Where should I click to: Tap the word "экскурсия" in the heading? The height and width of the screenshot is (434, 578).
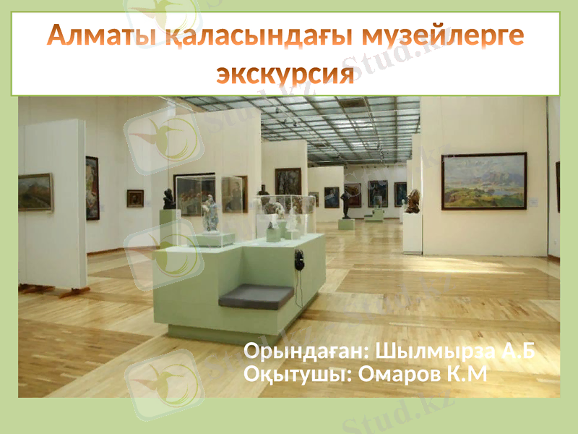coord(286,74)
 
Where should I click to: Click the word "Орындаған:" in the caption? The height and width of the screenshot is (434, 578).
coord(305,352)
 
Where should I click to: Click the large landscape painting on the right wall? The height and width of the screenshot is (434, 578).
coord(483,181)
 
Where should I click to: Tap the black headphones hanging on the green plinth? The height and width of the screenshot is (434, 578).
coord(298,259)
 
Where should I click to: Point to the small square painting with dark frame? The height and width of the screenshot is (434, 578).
coord(135,198)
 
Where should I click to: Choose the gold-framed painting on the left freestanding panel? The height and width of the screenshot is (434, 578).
coord(35,192)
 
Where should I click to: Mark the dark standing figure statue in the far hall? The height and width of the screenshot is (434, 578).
coord(345,203)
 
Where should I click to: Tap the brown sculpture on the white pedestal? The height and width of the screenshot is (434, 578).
coord(413,201)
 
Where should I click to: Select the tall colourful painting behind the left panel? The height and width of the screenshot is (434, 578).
coord(92,188)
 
